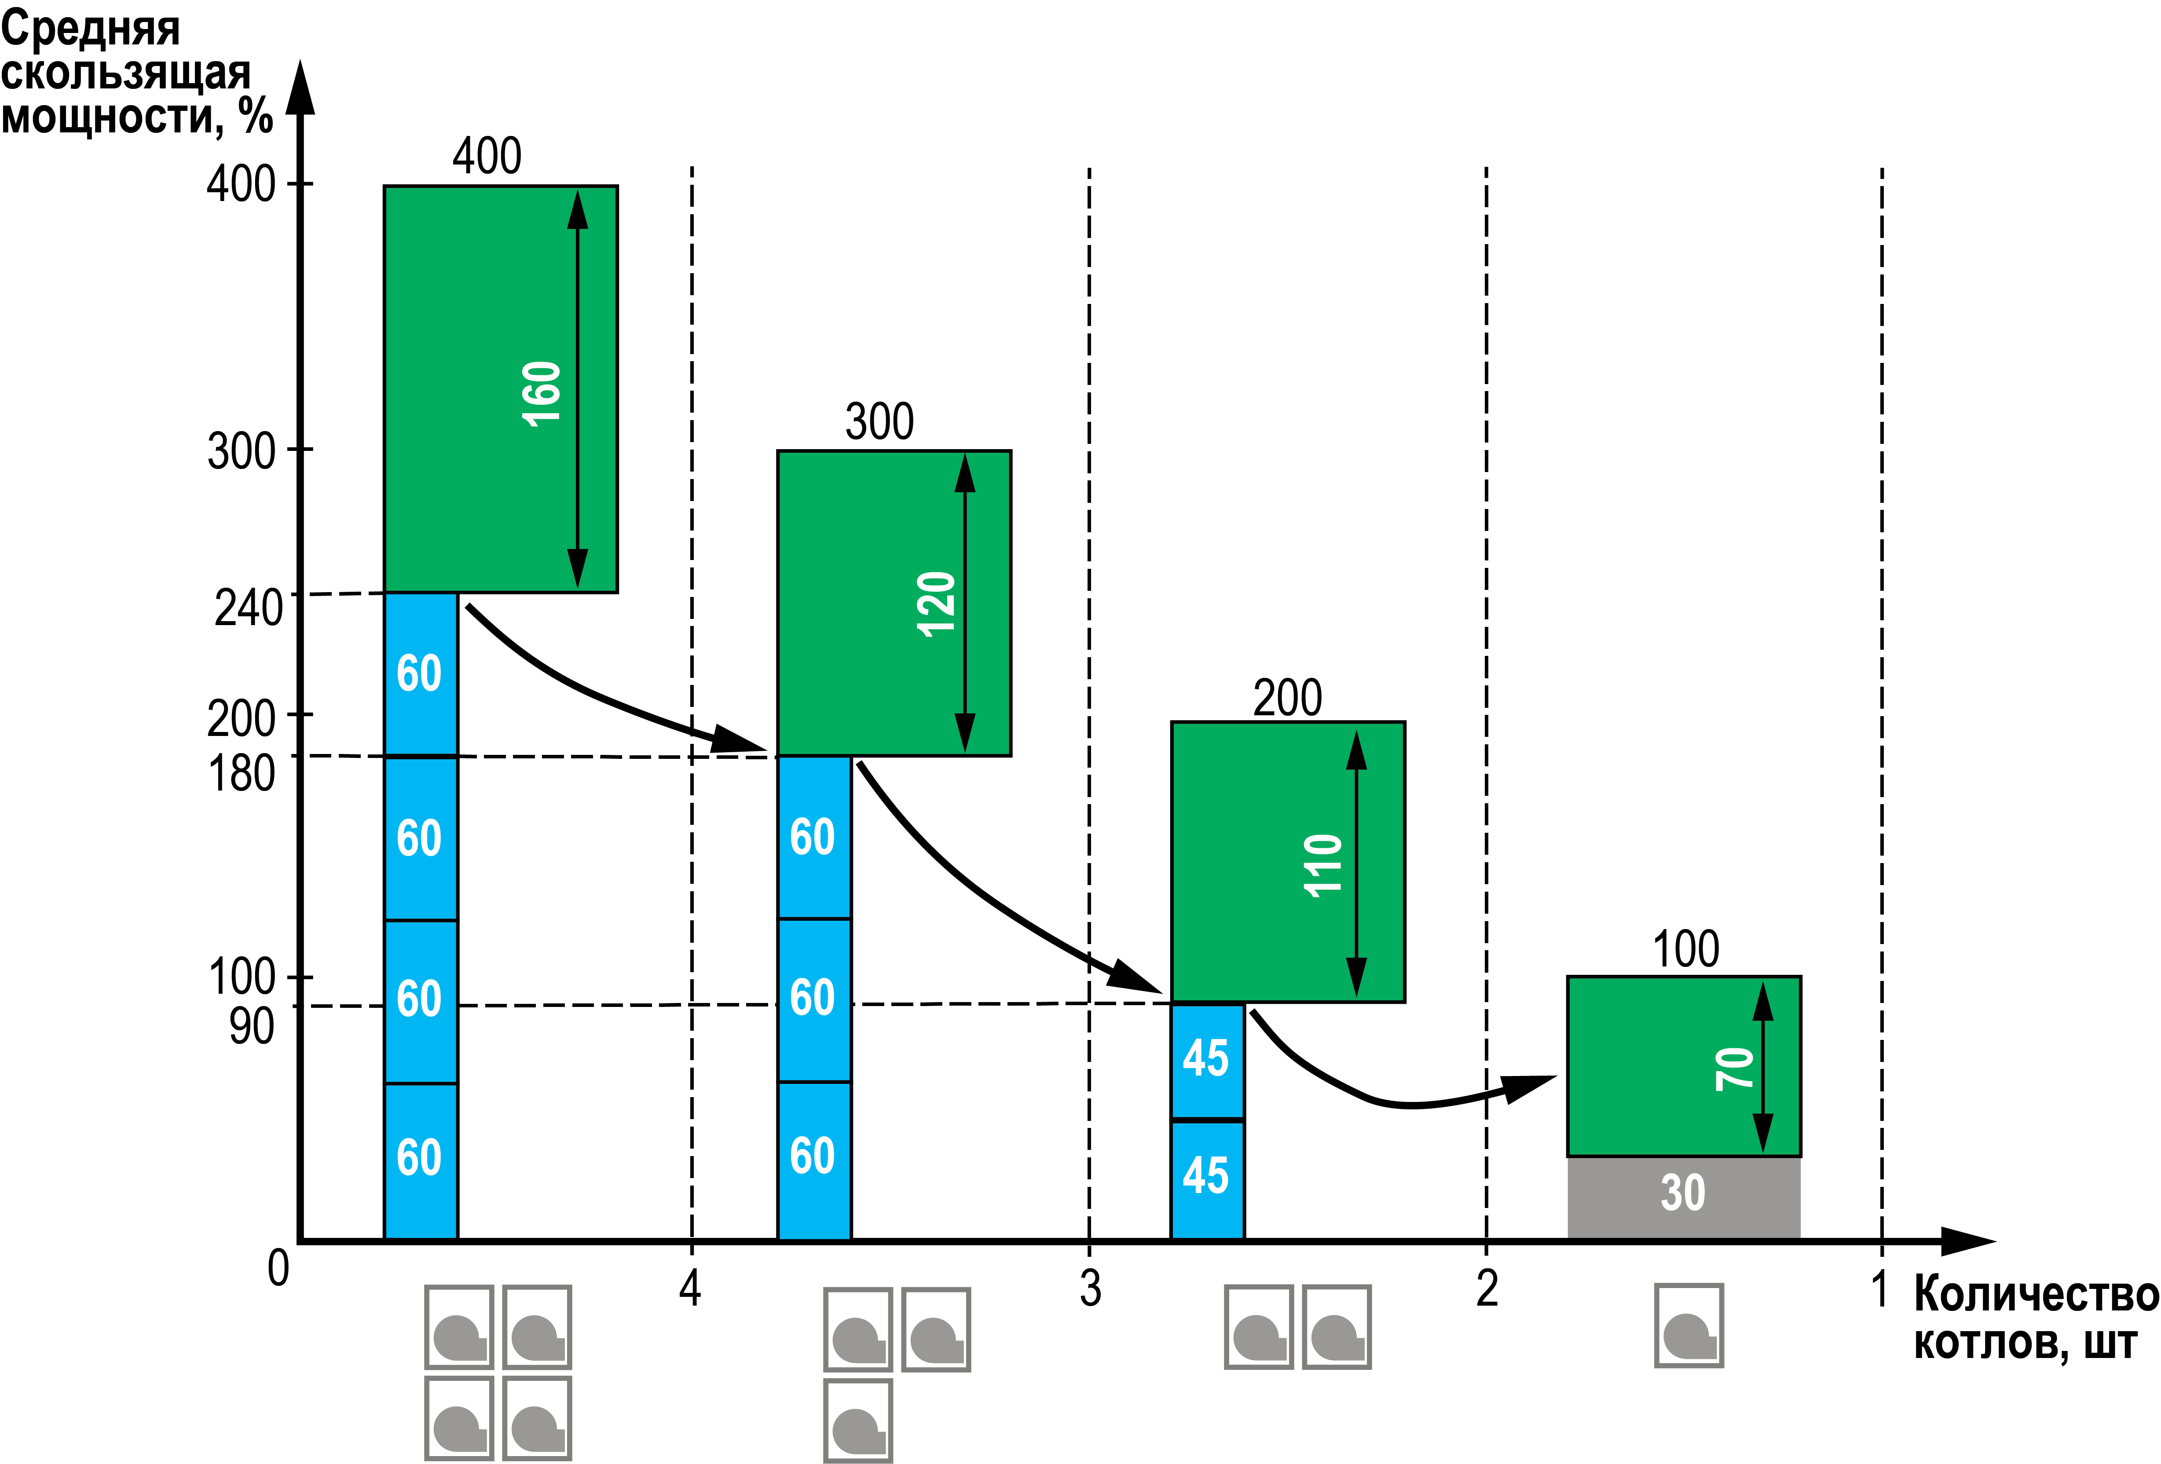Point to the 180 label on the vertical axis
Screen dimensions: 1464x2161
tap(242, 773)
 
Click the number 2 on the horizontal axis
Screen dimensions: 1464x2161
tap(1487, 1288)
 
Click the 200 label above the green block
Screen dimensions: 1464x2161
tap(1287, 698)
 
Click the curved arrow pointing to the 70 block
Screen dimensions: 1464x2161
tap(1376, 1097)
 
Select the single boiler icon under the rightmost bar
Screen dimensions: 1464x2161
tap(1689, 1325)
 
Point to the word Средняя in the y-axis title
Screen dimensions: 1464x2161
tap(90, 30)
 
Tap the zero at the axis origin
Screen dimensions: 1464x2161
tap(278, 1268)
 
